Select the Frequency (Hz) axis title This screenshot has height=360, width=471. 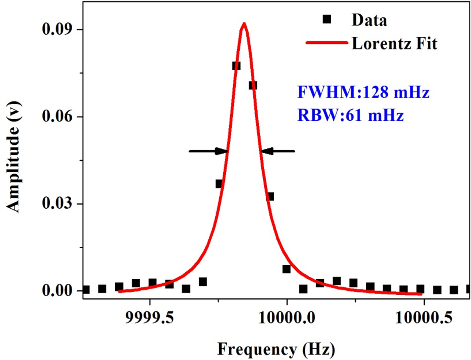click(x=276, y=349)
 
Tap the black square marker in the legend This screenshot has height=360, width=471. click(x=327, y=20)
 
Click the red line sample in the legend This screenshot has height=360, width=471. click(x=327, y=43)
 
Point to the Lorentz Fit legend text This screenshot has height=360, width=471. click(x=394, y=43)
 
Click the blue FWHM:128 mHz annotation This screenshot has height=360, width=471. click(x=363, y=92)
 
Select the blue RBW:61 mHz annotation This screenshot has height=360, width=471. click(x=350, y=115)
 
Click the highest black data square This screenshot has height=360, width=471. click(x=236, y=66)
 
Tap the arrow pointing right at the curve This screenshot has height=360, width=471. click(x=208, y=151)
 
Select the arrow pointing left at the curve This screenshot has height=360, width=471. click(x=278, y=151)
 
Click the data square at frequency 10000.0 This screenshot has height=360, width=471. click(x=286, y=269)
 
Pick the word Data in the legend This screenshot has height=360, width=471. click(x=369, y=20)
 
